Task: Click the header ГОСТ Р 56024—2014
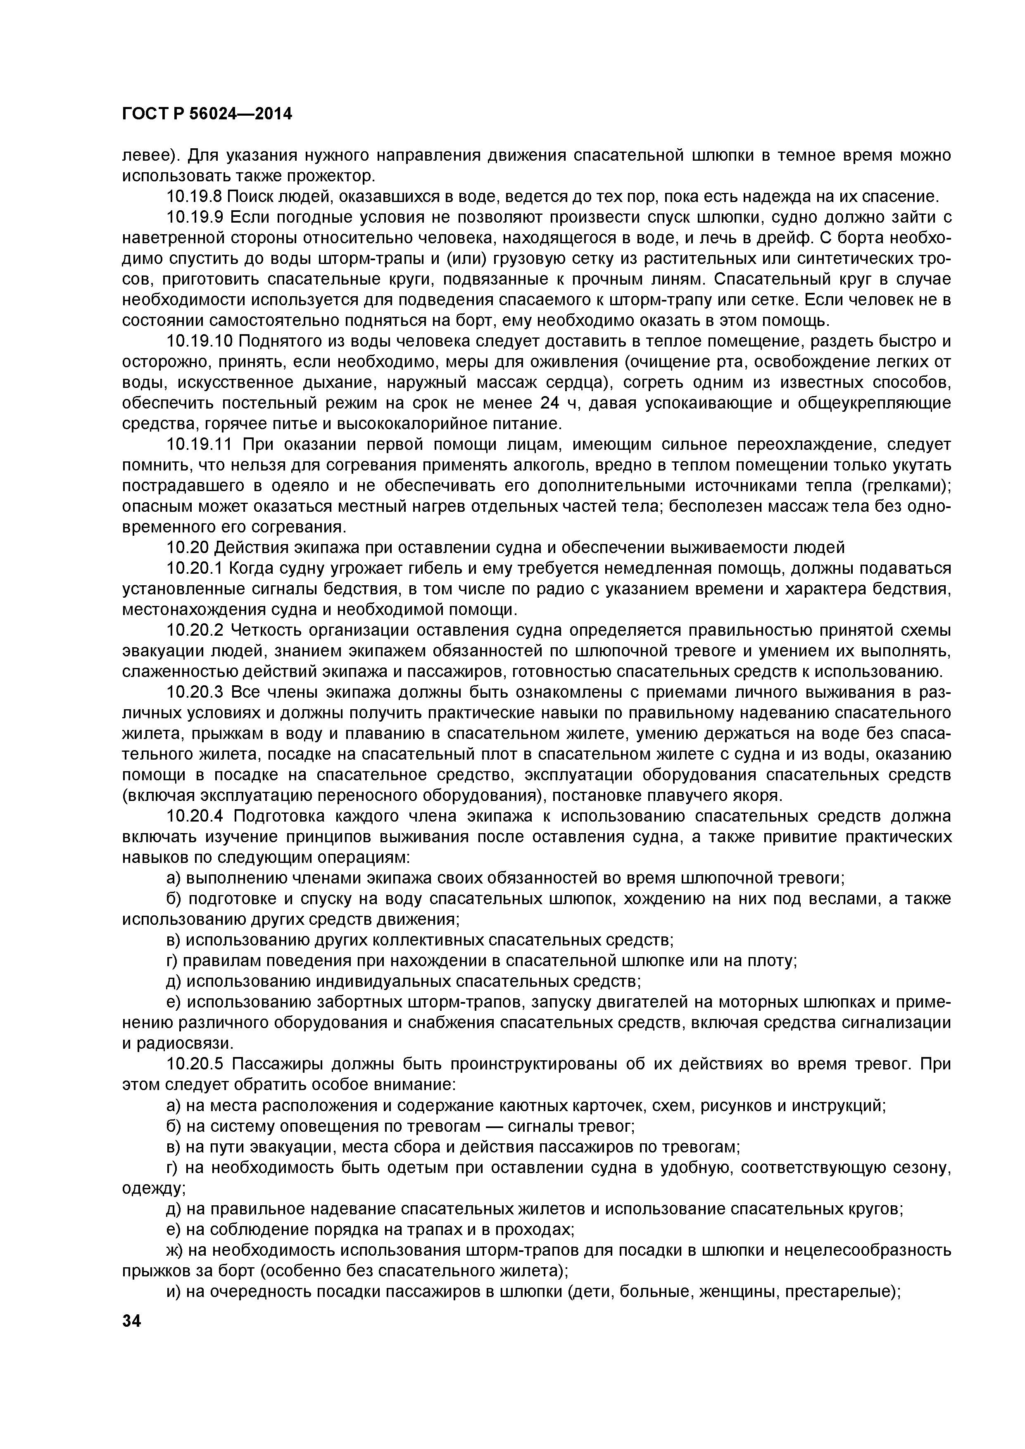click(x=207, y=114)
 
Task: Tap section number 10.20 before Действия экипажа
click(x=186, y=548)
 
